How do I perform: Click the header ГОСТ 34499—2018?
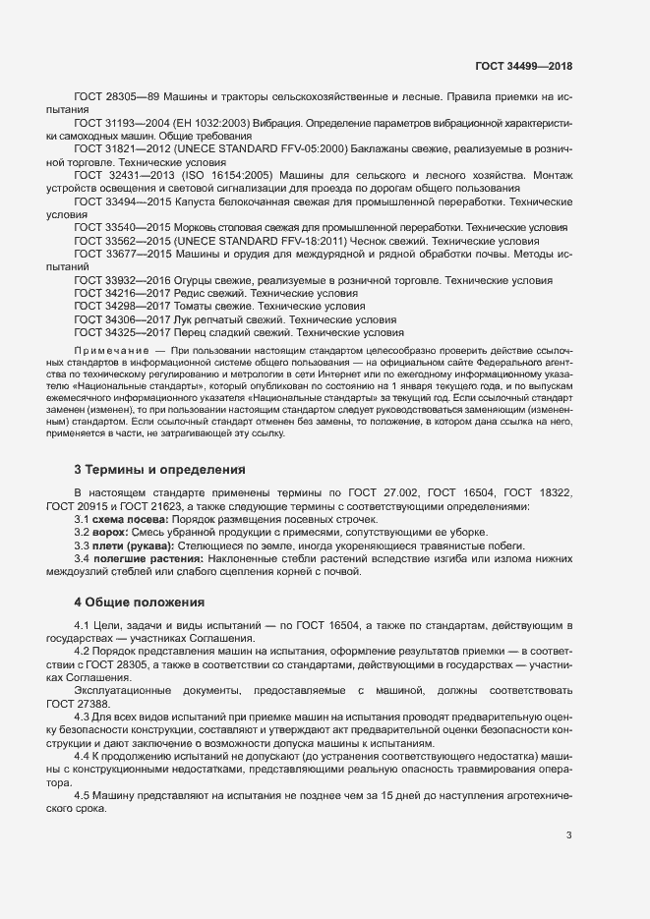523,66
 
